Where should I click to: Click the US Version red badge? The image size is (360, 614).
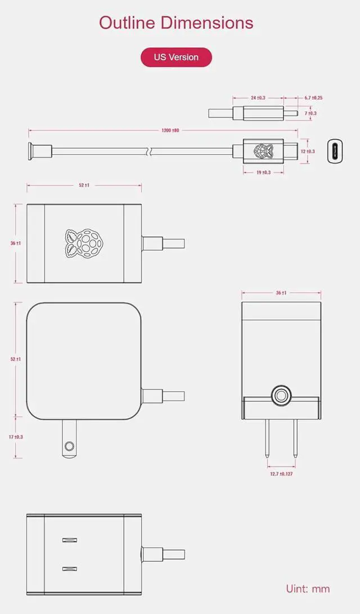point(176,57)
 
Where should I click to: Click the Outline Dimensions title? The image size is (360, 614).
point(176,23)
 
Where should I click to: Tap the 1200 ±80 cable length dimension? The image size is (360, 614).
point(170,131)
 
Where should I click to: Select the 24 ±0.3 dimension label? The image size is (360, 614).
point(258,97)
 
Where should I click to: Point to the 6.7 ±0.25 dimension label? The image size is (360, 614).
point(313,97)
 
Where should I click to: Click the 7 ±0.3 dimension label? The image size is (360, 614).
point(310,113)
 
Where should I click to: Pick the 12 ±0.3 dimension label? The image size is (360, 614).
point(308,151)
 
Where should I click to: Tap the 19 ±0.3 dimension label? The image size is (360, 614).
point(263,172)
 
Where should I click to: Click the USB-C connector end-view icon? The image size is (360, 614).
point(335,151)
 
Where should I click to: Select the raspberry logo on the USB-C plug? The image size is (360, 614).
point(263,151)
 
